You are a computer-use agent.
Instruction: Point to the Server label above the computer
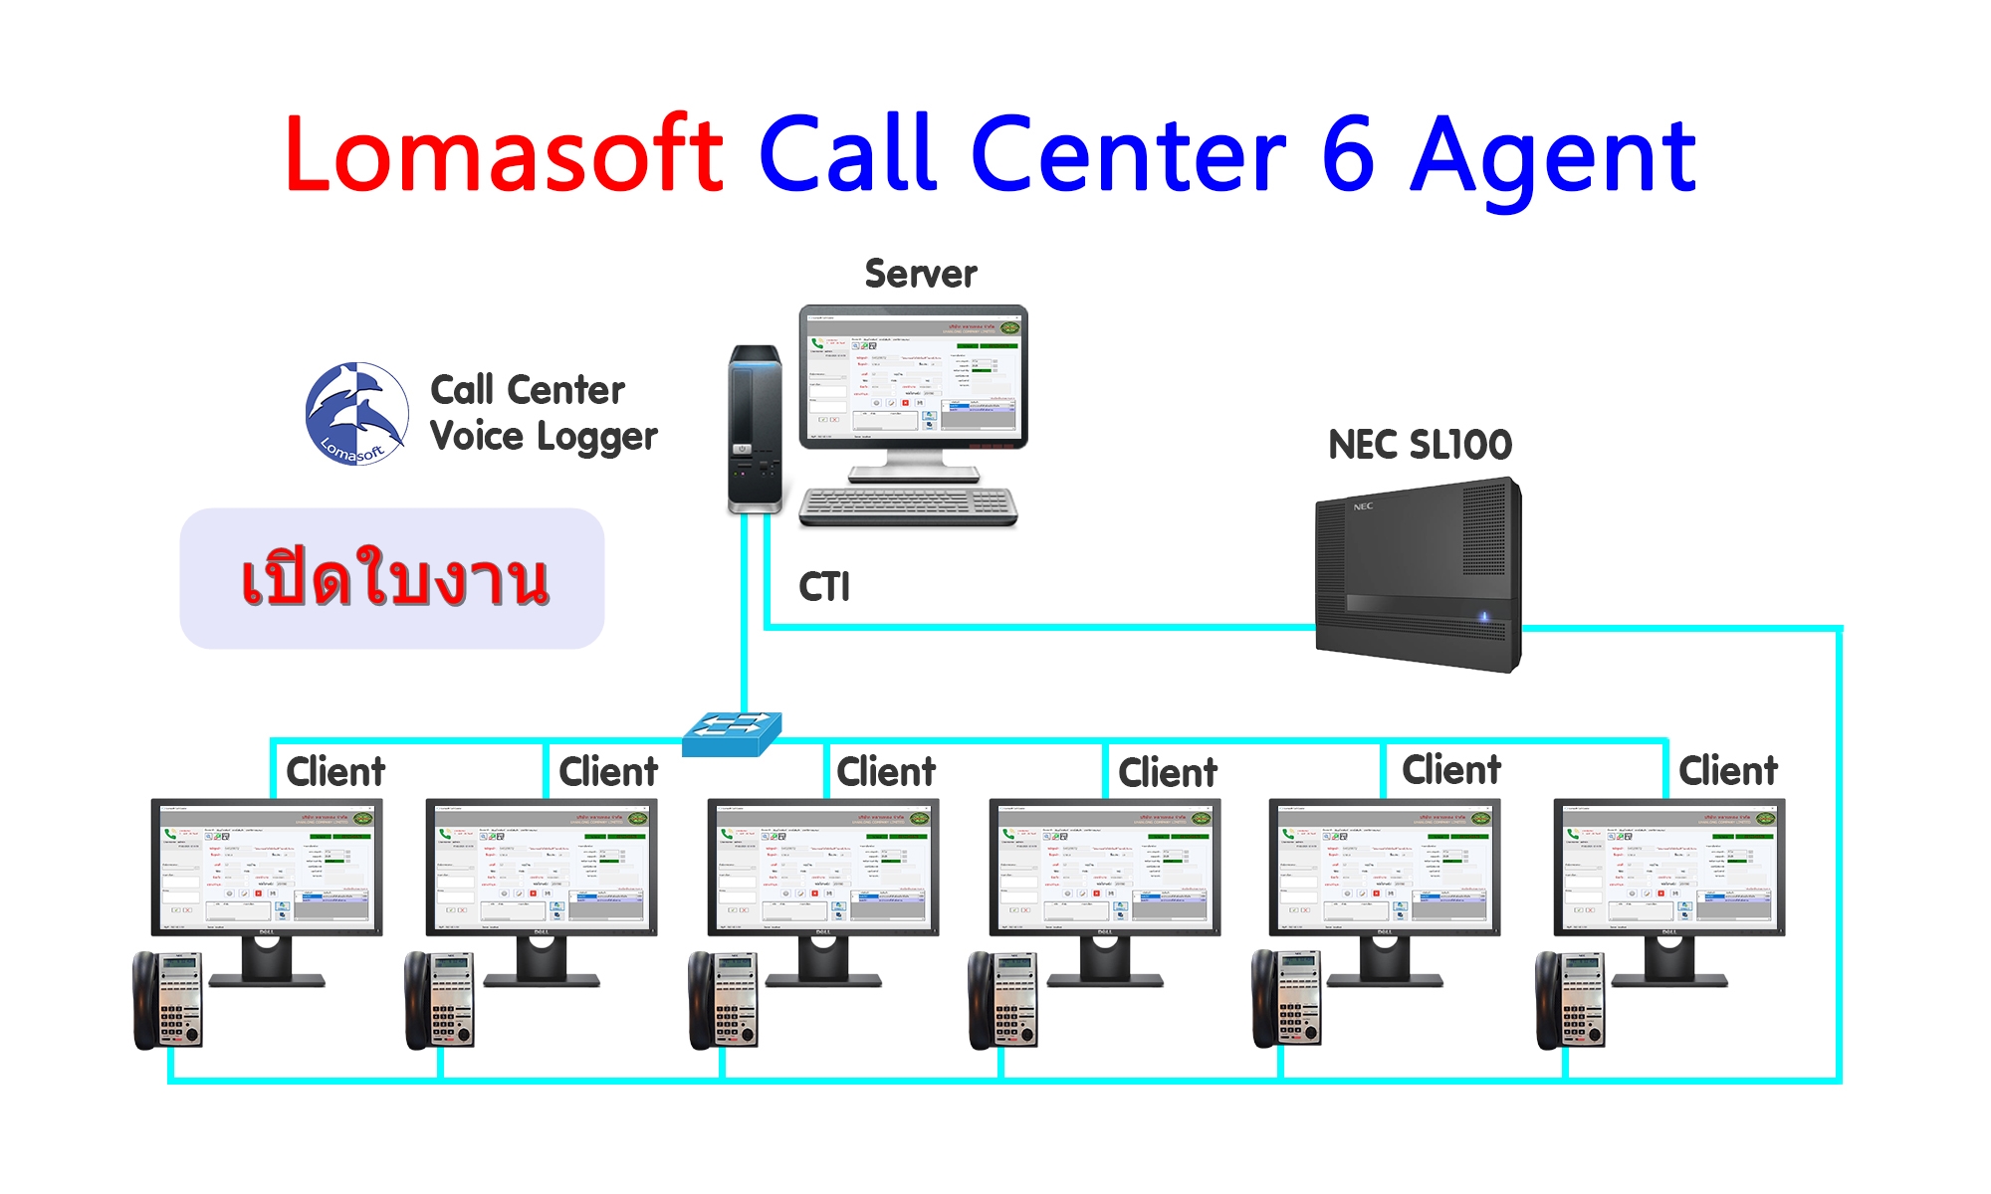pyautogui.click(x=921, y=274)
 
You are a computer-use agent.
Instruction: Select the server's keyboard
pyautogui.click(x=908, y=505)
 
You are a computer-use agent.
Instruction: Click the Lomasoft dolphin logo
pyautogui.click(x=356, y=414)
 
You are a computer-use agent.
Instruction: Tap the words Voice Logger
pyautogui.click(x=544, y=437)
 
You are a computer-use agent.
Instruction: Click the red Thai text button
pyautogui.click(x=392, y=579)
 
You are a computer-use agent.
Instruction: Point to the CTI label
pyautogui.click(x=824, y=587)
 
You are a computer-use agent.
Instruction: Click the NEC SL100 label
pyautogui.click(x=1420, y=445)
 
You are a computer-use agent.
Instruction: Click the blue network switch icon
pyautogui.click(x=732, y=733)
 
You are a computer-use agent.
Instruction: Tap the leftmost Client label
pyautogui.click(x=335, y=772)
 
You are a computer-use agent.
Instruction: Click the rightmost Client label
pyautogui.click(x=1728, y=771)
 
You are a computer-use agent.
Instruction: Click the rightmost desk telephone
pyautogui.click(x=1570, y=1000)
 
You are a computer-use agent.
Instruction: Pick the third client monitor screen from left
pyautogui.click(x=822, y=866)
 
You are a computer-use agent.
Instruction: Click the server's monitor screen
pyautogui.click(x=913, y=376)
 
